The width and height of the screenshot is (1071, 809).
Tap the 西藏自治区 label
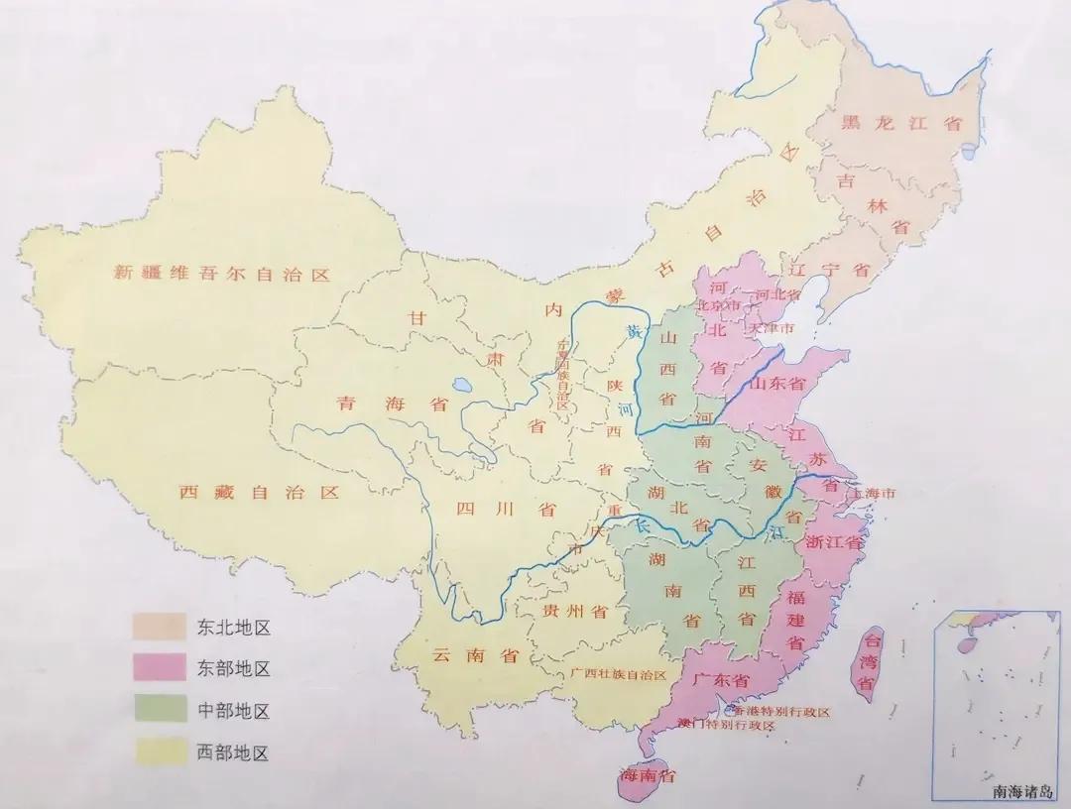[260, 492]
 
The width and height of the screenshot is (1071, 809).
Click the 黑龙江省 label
[901, 124]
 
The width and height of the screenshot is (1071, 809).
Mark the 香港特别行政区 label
[780, 712]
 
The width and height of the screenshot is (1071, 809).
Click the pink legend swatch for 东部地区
[159, 668]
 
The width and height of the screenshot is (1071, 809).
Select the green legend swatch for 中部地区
[159, 711]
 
